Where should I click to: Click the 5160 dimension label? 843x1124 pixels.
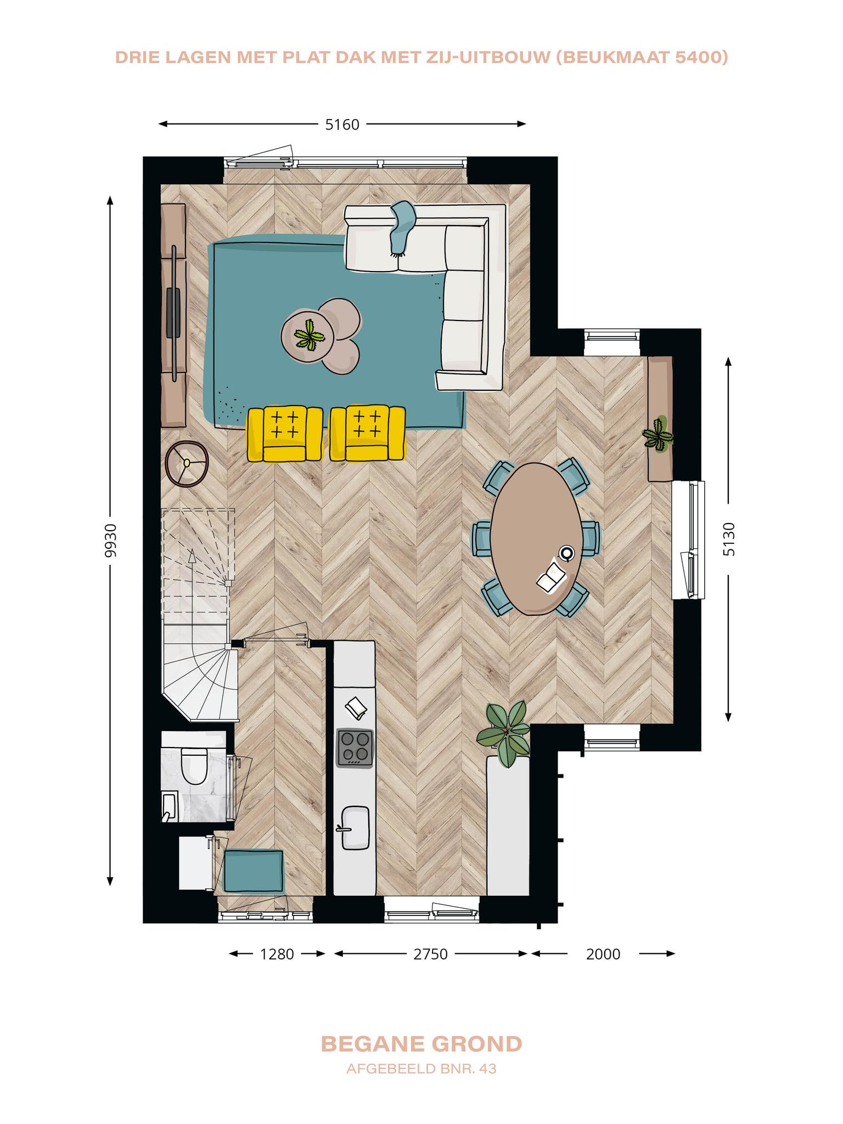click(x=342, y=125)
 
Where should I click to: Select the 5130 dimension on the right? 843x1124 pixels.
click(x=728, y=539)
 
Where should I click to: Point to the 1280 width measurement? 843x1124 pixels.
click(x=277, y=954)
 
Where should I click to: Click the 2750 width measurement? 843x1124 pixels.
click(x=431, y=954)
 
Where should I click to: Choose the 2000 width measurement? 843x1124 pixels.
click(x=603, y=954)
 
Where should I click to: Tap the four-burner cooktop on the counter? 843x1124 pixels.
click(x=355, y=748)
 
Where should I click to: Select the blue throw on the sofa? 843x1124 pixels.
click(x=402, y=228)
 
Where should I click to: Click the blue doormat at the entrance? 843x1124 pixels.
click(x=254, y=870)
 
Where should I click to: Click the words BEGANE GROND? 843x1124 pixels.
click(x=421, y=1044)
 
